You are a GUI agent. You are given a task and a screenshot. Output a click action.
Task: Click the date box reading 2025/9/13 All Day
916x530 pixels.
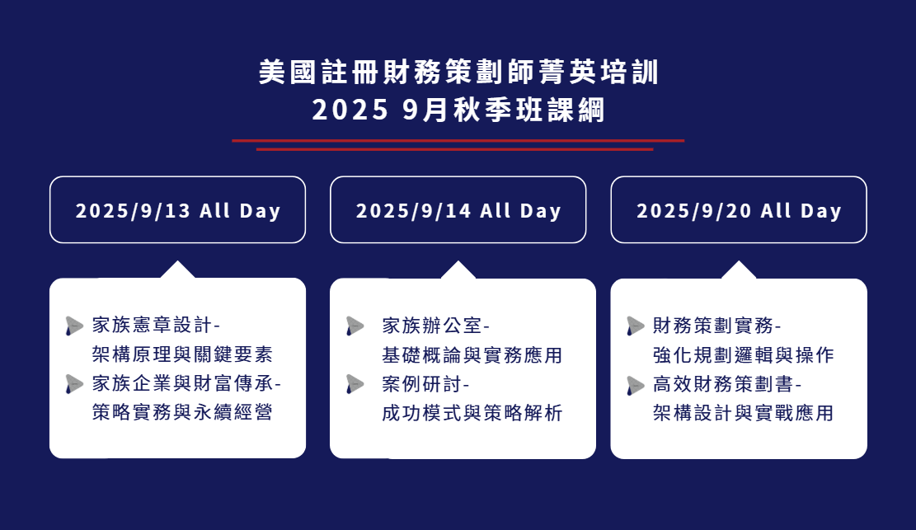tap(177, 210)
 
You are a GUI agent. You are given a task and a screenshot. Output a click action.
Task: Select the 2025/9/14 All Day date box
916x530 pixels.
tap(458, 210)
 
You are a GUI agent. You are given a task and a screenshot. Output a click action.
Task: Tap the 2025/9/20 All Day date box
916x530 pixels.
tap(739, 210)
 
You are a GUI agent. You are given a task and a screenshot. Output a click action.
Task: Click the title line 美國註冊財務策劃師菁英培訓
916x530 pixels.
tap(459, 73)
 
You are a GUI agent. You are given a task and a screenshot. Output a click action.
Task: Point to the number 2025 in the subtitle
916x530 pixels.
tap(350, 110)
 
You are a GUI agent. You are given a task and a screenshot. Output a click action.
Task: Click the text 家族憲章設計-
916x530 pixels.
tap(156, 325)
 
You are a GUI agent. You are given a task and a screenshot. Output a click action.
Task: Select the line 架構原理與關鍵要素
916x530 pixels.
tap(182, 354)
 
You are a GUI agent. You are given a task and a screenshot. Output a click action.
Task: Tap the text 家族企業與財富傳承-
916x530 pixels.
tap(186, 383)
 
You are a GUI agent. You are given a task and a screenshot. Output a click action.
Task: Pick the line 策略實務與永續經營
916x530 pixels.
tap(182, 413)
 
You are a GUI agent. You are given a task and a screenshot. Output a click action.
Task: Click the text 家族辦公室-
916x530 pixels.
tap(436, 326)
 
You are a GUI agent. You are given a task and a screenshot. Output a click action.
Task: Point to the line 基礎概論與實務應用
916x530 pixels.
tap(472, 354)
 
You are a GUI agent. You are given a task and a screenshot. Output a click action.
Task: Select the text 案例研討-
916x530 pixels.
tap(426, 384)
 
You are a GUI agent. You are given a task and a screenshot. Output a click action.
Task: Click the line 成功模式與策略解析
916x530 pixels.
tap(472, 413)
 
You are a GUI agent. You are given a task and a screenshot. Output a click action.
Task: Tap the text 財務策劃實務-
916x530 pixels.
tap(716, 326)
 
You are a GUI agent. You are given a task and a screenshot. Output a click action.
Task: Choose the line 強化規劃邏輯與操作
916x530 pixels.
tap(743, 354)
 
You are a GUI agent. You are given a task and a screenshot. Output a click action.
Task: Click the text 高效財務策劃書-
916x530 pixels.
tap(727, 384)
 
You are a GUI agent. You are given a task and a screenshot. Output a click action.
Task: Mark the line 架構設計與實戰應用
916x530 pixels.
tap(743, 413)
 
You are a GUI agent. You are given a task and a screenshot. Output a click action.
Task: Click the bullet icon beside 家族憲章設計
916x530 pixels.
tap(74, 326)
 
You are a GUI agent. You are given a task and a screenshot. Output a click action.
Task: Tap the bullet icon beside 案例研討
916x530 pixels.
tap(355, 384)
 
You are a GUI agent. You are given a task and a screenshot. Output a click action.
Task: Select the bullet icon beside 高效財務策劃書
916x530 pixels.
tap(635, 385)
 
